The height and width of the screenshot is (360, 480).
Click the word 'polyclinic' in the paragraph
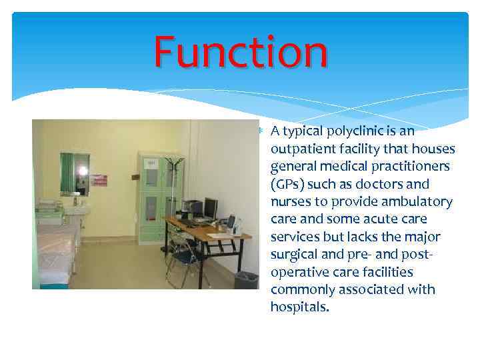pyautogui.click(x=353, y=131)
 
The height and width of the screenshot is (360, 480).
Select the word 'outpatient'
pyautogui.click(x=301, y=149)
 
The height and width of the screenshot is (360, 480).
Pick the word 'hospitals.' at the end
pyautogui.click(x=299, y=307)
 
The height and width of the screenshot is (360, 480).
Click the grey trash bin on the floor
pyautogui.click(x=246, y=279)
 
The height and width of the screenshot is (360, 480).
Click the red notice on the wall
pyautogui.click(x=99, y=180)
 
